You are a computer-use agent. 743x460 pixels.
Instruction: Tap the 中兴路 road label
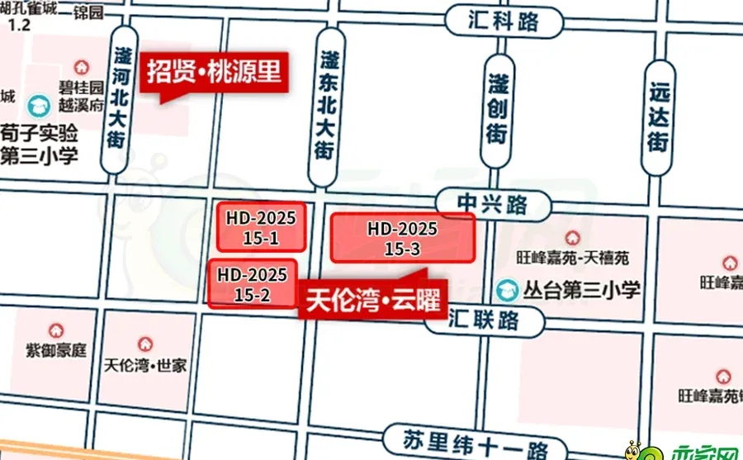(x=493, y=203)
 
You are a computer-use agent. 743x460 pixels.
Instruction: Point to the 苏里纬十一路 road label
(x=466, y=439)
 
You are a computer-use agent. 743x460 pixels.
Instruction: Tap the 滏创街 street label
(x=497, y=108)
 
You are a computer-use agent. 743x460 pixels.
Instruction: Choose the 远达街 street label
(x=657, y=116)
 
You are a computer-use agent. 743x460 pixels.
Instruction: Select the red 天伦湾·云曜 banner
(x=371, y=298)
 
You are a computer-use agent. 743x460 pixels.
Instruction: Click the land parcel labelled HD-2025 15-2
(x=252, y=284)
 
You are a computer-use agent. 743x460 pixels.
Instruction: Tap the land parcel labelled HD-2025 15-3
(x=403, y=238)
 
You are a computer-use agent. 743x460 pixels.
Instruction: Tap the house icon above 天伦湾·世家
(x=145, y=343)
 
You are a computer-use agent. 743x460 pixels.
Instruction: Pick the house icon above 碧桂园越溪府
(x=81, y=66)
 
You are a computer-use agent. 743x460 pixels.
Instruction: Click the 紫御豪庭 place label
(x=55, y=350)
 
